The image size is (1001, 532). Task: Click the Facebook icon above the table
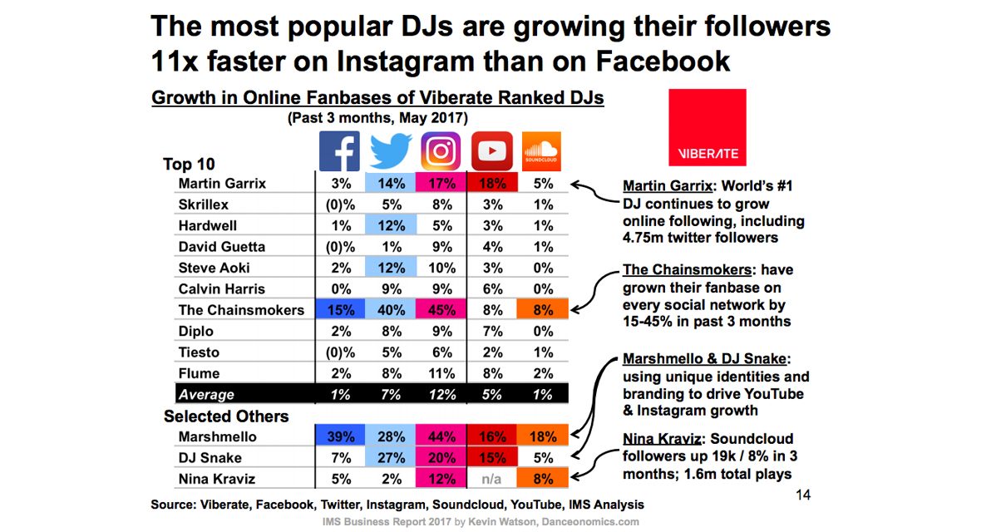pyautogui.click(x=340, y=151)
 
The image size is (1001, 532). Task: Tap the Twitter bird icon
pyautogui.click(x=391, y=151)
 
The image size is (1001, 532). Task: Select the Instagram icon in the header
pyautogui.click(x=441, y=151)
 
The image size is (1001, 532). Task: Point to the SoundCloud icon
pyautogui.click(x=542, y=151)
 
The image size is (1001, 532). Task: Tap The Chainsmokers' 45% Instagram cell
pyautogui.click(x=441, y=310)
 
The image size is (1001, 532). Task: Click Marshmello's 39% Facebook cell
pyautogui.click(x=340, y=437)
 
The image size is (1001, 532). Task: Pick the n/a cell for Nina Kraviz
pyautogui.click(x=492, y=480)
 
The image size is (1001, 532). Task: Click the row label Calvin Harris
pyautogui.click(x=222, y=289)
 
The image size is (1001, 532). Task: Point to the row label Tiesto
pyautogui.click(x=199, y=352)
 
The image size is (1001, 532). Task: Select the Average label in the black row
pyautogui.click(x=207, y=395)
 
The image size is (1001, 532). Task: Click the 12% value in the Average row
pyautogui.click(x=441, y=395)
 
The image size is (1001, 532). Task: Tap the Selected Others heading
pyautogui.click(x=226, y=416)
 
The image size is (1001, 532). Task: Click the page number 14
pyautogui.click(x=803, y=495)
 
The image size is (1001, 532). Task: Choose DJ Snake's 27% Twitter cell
pyautogui.click(x=391, y=458)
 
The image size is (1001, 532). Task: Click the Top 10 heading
pyautogui.click(x=190, y=164)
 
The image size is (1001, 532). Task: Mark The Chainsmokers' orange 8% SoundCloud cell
pyautogui.click(x=542, y=310)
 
